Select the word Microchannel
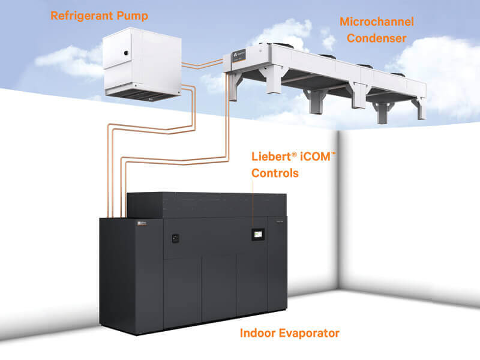pyautogui.click(x=377, y=22)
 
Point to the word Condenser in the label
pyautogui.click(x=377, y=38)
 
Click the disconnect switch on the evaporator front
pyautogui.click(x=176, y=238)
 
